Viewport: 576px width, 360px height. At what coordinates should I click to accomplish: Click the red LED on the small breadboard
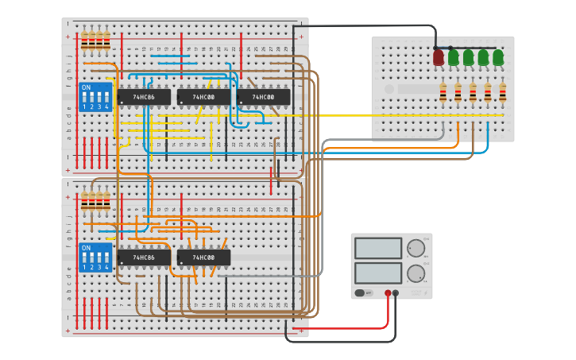tap(438, 57)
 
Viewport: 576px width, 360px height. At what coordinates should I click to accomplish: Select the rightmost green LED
tap(498, 57)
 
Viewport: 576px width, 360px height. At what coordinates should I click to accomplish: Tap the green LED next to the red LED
tap(453, 57)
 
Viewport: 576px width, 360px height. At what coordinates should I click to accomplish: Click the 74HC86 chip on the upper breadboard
tap(144, 97)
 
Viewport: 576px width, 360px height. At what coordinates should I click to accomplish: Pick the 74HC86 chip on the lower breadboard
tap(144, 257)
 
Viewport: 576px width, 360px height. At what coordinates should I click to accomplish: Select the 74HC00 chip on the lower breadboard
tap(203, 257)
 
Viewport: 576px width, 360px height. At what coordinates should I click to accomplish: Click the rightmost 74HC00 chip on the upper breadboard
tap(263, 97)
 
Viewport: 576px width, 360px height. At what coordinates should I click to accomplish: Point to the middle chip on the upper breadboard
tap(203, 97)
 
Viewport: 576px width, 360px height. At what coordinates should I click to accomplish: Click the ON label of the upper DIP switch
tap(86, 87)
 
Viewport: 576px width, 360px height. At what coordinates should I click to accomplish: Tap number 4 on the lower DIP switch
tap(106, 267)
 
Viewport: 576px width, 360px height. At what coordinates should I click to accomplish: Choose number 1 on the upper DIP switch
tap(84, 106)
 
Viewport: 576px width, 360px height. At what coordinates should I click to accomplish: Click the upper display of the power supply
tap(378, 248)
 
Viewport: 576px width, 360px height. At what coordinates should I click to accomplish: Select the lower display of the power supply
tap(378, 273)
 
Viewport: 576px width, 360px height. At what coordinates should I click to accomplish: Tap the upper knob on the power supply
tap(416, 249)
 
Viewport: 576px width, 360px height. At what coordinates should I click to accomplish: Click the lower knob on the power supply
tap(416, 275)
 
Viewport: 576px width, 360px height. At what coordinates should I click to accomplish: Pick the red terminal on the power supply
tap(388, 293)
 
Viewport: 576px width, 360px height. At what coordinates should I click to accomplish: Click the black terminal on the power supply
tap(396, 293)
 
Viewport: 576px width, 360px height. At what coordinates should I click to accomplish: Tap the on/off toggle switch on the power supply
tap(362, 293)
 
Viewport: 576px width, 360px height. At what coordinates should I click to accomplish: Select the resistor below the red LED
tap(443, 94)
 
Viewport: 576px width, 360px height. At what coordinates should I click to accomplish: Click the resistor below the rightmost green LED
tap(503, 94)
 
